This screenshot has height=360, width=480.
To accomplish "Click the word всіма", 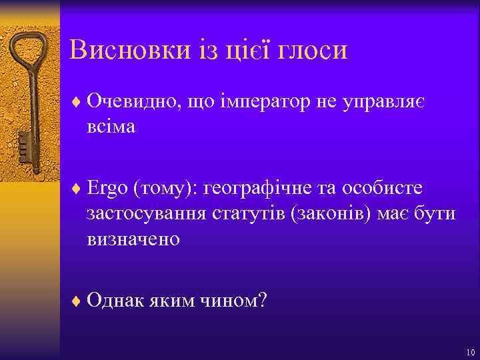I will coord(111,126).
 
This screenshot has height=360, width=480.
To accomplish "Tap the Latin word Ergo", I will coord(107,189).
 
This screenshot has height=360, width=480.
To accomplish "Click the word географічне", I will coord(262,189).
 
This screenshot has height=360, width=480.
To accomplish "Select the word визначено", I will coord(133,238).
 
